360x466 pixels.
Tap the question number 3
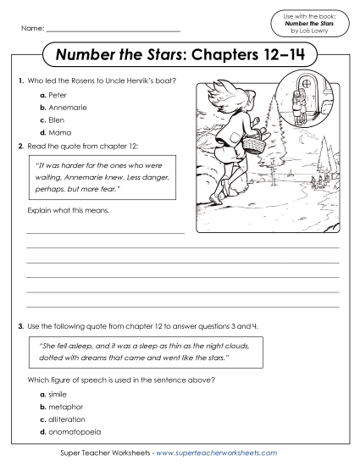[19, 325]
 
